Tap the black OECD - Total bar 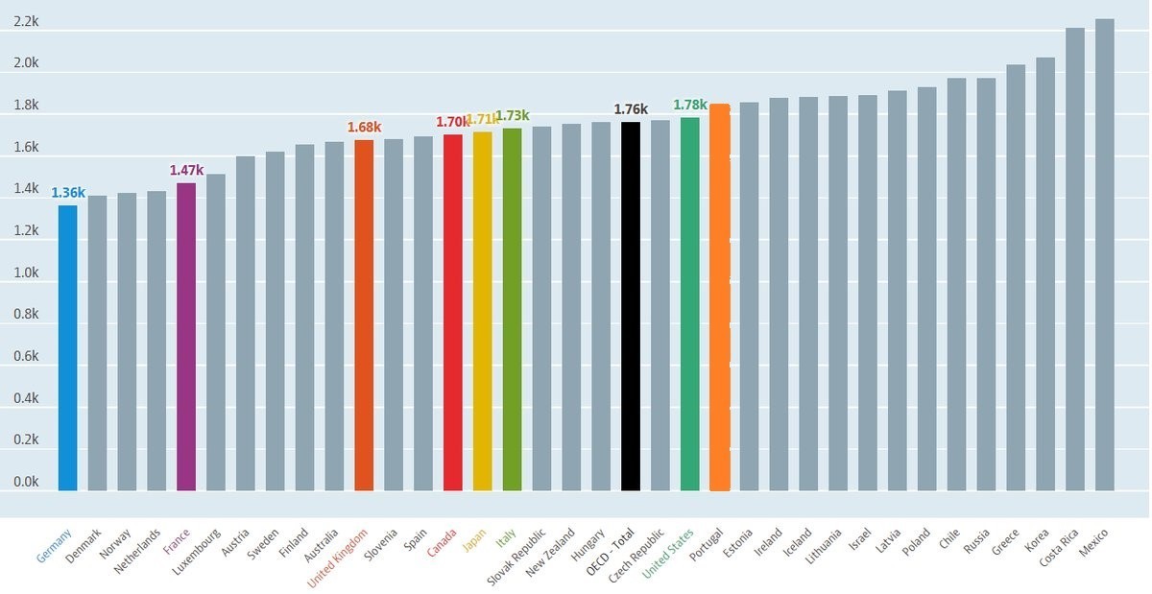[631, 306]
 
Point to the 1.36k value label [68, 193]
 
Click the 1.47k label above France [186, 171]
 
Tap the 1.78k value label [690, 105]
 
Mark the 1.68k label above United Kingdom [364, 127]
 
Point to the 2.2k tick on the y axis [26, 21]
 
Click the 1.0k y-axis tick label [26, 273]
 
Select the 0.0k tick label [26, 482]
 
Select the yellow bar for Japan [482, 311]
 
